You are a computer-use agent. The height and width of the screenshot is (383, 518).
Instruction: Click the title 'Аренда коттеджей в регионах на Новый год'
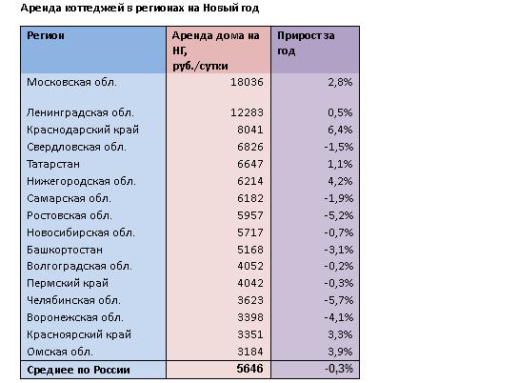[140, 8]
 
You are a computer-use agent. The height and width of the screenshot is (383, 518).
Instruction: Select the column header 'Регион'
[46, 35]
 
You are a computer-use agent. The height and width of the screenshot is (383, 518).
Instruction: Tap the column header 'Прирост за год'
[306, 43]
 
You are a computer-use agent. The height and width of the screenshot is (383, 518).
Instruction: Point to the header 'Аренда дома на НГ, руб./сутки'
[215, 50]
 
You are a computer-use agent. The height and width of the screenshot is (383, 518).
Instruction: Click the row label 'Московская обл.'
[71, 82]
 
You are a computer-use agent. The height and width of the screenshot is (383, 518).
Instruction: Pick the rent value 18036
[247, 82]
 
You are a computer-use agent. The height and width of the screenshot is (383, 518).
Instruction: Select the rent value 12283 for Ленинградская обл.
[247, 112]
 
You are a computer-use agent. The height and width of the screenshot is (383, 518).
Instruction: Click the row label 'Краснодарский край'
[83, 130]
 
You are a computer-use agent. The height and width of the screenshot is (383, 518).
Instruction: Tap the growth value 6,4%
[340, 130]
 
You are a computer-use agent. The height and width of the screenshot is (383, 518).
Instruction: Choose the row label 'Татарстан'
[53, 164]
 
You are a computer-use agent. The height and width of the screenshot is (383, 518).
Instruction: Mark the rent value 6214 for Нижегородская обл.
[250, 181]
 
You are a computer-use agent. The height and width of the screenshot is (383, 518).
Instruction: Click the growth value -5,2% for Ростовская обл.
[339, 215]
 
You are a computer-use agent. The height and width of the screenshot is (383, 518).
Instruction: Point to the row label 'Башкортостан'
[65, 250]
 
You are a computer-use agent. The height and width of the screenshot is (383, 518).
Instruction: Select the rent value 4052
[250, 266]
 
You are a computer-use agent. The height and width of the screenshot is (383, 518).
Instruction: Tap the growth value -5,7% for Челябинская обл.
[339, 300]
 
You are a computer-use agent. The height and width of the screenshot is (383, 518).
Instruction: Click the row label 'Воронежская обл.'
[75, 317]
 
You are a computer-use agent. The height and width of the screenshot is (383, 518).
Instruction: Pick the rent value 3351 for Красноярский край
[250, 334]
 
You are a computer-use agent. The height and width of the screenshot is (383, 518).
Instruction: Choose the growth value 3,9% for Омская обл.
[340, 352]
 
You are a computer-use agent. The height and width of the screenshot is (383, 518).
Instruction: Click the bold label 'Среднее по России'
[78, 370]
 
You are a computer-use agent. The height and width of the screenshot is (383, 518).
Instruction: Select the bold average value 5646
[249, 369]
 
